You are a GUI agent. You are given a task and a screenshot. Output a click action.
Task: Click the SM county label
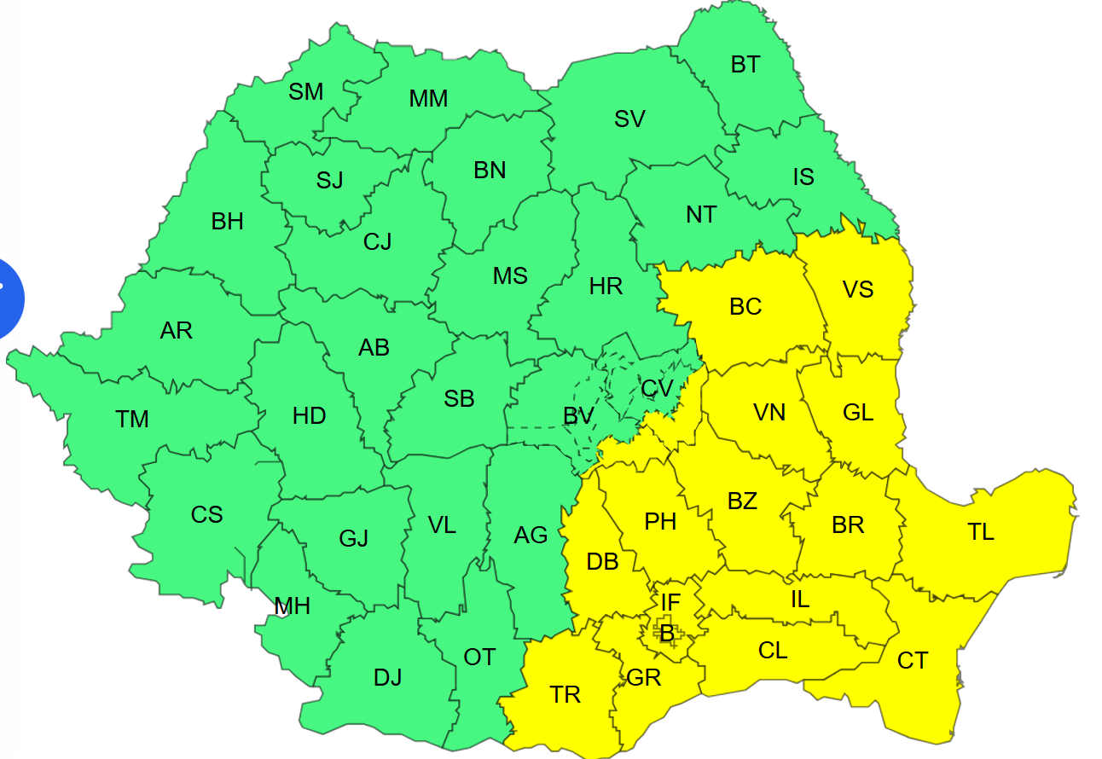point(306,91)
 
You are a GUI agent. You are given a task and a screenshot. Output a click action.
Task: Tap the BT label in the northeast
point(745,65)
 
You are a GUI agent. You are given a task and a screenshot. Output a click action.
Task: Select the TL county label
point(981,532)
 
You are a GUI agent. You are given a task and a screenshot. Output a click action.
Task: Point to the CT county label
point(913,660)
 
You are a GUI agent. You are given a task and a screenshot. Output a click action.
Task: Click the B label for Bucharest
point(667,634)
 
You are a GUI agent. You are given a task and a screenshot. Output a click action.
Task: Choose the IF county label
point(670,603)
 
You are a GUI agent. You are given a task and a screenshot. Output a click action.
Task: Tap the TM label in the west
point(132,420)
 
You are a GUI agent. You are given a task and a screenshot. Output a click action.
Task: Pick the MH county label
point(292,606)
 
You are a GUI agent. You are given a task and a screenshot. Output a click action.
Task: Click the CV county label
point(657,389)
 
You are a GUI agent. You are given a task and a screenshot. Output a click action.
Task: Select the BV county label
point(578,416)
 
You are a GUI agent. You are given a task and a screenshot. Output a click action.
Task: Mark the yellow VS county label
point(858,290)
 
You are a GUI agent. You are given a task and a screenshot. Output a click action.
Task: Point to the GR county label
point(644,678)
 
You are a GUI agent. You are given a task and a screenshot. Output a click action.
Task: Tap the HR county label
point(606,287)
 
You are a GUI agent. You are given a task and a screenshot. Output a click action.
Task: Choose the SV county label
point(629,119)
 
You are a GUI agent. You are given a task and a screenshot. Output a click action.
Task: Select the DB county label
point(602,562)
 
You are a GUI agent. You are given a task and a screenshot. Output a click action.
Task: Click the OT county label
point(479,657)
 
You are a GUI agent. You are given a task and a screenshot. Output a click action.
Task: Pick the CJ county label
point(377,242)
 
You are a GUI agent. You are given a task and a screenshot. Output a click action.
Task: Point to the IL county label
point(799,600)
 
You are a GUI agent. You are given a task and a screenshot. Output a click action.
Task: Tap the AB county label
point(374,348)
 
